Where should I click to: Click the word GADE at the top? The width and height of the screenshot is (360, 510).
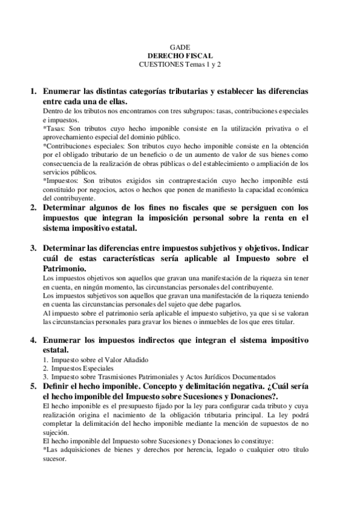(180, 46)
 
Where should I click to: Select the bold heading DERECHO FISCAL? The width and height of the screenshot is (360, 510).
(180, 55)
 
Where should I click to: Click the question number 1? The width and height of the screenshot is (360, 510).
(34, 92)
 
